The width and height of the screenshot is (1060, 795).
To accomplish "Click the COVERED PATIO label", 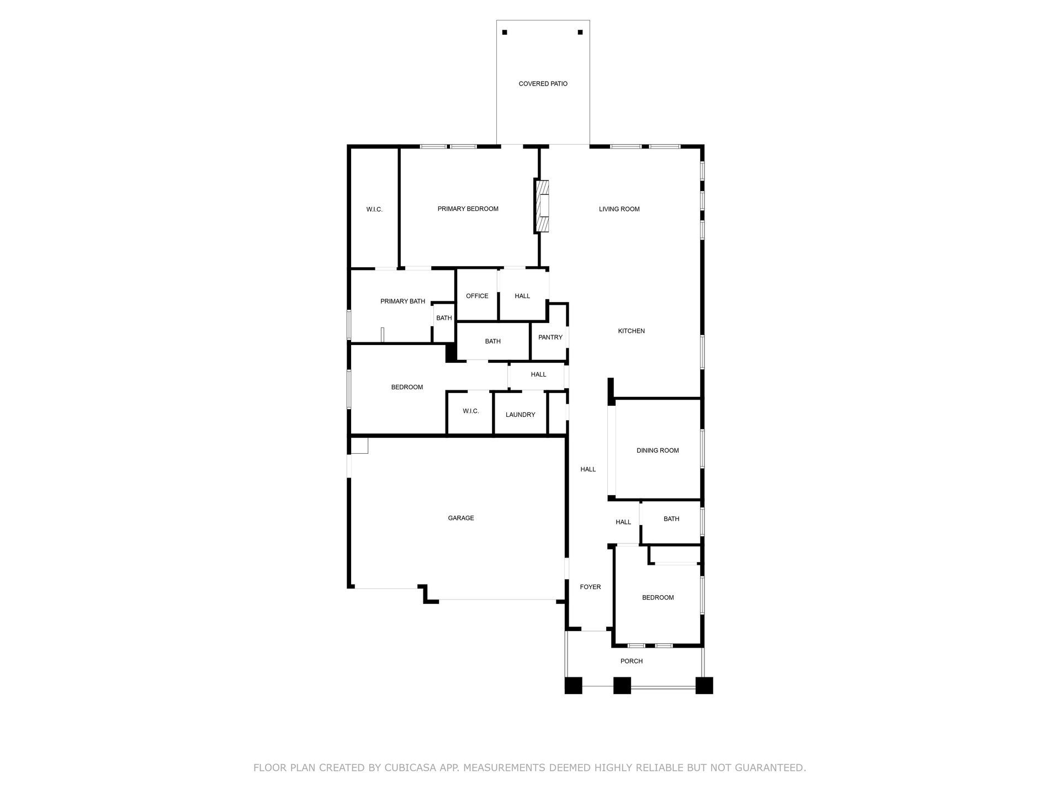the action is pos(543,84).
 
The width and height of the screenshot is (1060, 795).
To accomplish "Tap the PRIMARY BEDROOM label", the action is pos(468,209).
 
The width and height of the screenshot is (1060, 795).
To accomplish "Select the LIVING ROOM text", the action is pos(619,209).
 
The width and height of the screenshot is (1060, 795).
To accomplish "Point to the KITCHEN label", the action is pos(631,331).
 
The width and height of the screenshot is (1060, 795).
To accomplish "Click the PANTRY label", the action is pos(550,337).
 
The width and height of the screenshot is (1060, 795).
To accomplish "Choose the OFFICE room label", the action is pos(477,296).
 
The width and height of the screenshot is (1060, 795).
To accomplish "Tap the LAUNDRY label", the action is pos(520,415).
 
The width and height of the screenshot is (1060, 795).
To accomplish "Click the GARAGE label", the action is pos(460,518).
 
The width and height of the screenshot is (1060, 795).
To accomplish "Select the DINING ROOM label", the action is pos(658,451).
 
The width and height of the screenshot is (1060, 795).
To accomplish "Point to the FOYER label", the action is pos(590,587).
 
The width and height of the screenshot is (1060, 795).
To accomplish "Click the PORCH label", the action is pos(631,661).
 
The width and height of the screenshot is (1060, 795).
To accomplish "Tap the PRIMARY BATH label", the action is pos(402,301).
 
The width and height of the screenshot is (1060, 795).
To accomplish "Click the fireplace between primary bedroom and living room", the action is pos(542,205).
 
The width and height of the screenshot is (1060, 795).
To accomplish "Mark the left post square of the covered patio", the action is pos(505,33).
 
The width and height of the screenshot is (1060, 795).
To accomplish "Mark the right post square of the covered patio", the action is pos(580,33).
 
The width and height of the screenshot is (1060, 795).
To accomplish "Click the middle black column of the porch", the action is pos(622,685).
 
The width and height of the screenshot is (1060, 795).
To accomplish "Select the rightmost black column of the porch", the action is pos(704,685).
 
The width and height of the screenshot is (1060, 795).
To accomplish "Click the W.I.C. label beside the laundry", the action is pos(470,411).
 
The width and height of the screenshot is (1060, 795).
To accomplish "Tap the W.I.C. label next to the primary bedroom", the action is pos(374,210).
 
